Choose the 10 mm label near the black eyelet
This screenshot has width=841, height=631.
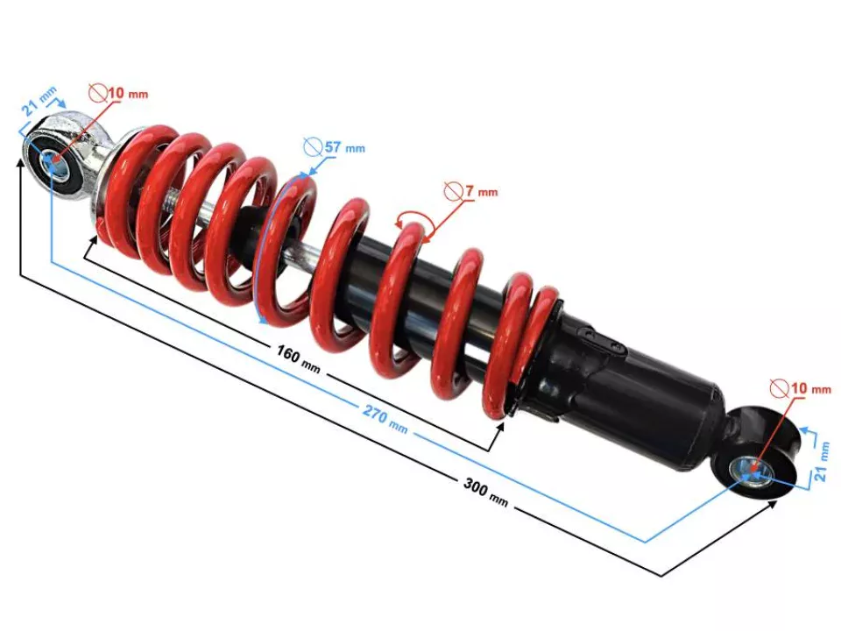[808, 387]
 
